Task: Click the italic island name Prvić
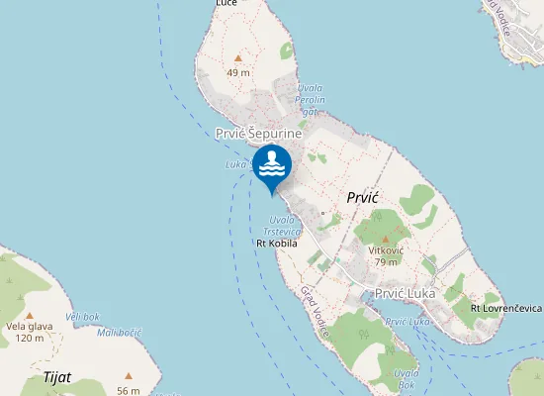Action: [x=364, y=198]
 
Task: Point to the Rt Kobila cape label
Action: [x=277, y=243]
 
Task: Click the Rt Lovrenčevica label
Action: [x=506, y=308]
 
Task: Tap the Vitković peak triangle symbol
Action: [x=383, y=240]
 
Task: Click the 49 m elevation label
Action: [x=237, y=73]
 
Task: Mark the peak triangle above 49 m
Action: [x=237, y=59]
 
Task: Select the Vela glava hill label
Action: [x=31, y=327]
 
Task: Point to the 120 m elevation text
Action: [x=31, y=339]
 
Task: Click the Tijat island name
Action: [x=57, y=377]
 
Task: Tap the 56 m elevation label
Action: [x=128, y=391]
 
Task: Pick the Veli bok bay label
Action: [x=82, y=316]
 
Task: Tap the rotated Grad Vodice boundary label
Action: [x=315, y=311]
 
